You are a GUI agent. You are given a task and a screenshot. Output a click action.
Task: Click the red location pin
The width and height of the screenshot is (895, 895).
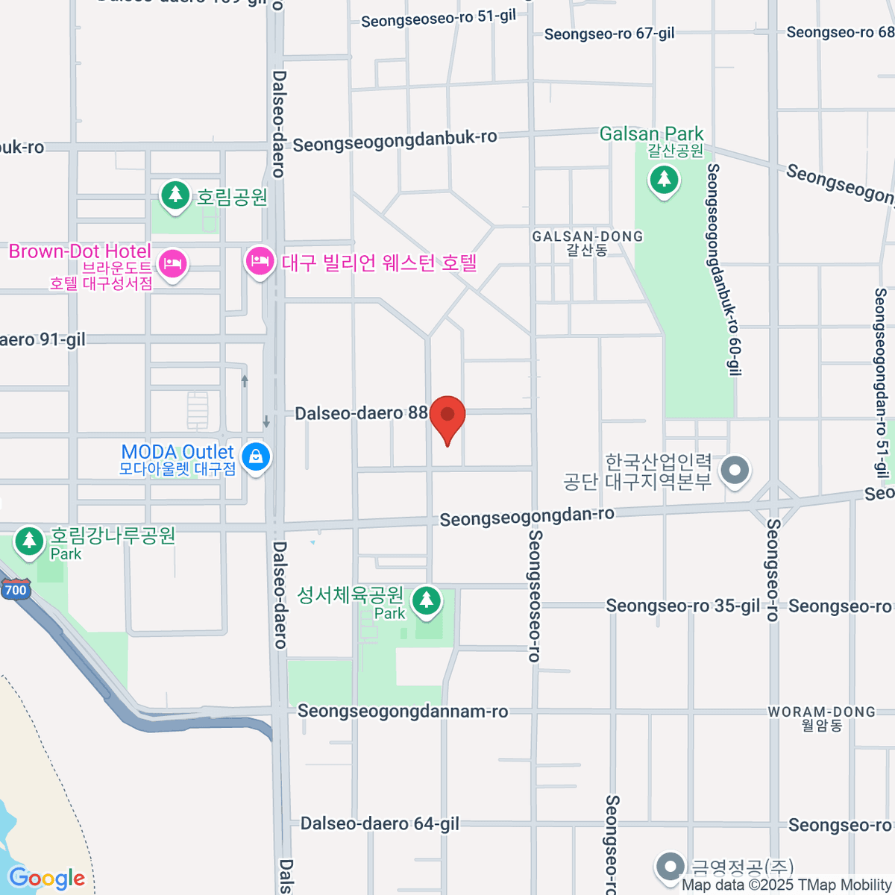[x=447, y=415]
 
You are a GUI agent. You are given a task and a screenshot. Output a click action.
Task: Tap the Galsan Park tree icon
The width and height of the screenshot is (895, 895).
[x=663, y=180]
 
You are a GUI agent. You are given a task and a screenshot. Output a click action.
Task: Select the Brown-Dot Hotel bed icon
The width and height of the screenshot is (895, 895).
[x=172, y=263]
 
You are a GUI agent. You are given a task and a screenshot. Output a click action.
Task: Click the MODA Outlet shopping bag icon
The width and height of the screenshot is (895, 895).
[x=256, y=456]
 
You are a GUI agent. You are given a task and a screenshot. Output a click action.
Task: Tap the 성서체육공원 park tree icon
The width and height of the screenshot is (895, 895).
[x=427, y=600]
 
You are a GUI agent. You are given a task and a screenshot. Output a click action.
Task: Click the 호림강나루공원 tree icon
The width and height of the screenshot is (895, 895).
[x=29, y=541]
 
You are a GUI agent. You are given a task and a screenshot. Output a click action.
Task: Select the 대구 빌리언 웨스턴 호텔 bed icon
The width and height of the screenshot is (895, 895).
[x=260, y=262]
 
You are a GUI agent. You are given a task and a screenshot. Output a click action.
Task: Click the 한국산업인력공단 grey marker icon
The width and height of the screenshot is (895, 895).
[x=735, y=471]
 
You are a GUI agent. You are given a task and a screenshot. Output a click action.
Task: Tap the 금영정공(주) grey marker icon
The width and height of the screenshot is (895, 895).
[x=670, y=867]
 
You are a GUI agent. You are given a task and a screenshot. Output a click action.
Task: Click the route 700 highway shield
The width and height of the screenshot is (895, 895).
[x=15, y=590]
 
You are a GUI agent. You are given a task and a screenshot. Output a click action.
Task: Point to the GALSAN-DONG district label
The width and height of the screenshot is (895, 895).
[x=588, y=236]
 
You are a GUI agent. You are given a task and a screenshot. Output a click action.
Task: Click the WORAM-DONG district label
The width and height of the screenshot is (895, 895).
[x=822, y=712]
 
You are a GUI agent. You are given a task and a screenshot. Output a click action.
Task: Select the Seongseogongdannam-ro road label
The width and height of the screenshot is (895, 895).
[x=403, y=712]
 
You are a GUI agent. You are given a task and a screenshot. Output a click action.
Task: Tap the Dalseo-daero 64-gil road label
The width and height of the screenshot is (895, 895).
[x=380, y=824]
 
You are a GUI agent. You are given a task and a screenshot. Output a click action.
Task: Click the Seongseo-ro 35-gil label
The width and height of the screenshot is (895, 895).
[x=682, y=606]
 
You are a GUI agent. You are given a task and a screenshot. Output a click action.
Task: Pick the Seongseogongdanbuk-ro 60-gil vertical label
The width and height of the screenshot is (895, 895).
[x=723, y=268]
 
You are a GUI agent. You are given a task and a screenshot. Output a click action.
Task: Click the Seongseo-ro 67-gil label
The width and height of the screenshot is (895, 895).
[x=609, y=34]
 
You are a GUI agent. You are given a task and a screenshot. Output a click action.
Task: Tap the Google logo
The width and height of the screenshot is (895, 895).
[x=46, y=879]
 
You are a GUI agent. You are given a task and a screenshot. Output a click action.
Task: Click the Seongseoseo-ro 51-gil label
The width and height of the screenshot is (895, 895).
[x=439, y=19]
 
